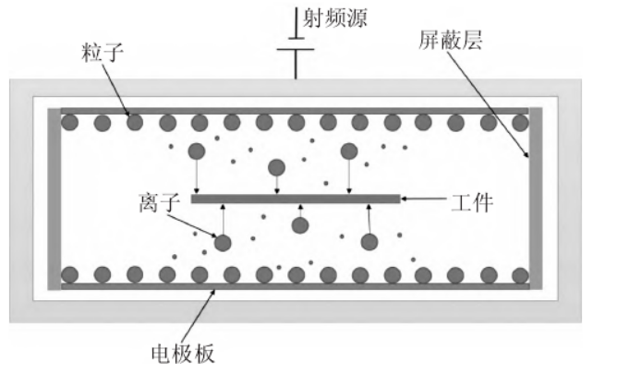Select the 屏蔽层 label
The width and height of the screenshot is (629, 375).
click(x=448, y=41)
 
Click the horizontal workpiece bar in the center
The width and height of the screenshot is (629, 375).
click(x=296, y=198)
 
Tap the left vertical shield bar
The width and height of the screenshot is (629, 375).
click(x=54, y=199)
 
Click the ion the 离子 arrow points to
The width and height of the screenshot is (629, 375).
click(x=223, y=243)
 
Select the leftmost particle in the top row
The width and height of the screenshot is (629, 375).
click(x=68, y=122)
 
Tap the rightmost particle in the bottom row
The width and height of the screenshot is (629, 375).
click(x=520, y=274)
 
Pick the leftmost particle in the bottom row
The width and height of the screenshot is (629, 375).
click(x=68, y=274)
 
